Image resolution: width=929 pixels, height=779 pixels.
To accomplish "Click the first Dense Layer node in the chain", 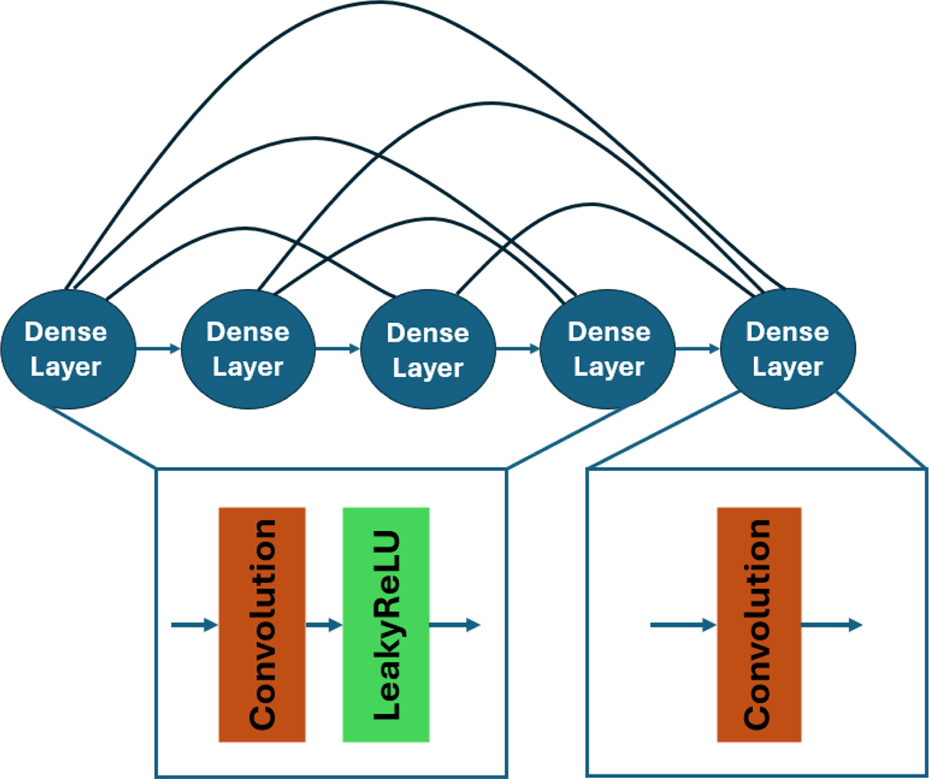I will click(x=68, y=350).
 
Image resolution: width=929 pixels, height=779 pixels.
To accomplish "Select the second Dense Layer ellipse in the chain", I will click(x=248, y=350).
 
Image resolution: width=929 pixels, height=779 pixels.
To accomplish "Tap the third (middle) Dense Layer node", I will click(x=428, y=350).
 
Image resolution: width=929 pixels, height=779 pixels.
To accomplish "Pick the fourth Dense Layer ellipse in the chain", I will click(x=608, y=350).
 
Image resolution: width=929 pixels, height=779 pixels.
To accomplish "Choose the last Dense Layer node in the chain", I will click(x=788, y=350).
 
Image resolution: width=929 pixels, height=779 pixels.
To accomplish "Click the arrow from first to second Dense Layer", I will click(x=159, y=350).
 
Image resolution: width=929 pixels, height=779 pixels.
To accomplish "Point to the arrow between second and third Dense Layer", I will click(x=338, y=350).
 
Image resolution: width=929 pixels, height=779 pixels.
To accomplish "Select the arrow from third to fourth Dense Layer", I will click(x=519, y=350).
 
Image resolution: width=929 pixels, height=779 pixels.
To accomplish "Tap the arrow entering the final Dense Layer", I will click(x=698, y=350).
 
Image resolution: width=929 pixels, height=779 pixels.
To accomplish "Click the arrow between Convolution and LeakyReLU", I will click(x=324, y=625).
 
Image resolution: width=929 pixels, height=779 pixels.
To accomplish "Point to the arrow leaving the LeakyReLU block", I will click(x=454, y=625).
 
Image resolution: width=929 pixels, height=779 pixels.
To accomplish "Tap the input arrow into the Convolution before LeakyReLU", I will click(x=194, y=625).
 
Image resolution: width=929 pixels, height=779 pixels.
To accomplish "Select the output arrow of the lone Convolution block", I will click(x=831, y=625).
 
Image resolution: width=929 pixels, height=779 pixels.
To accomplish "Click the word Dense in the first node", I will click(x=67, y=333).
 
